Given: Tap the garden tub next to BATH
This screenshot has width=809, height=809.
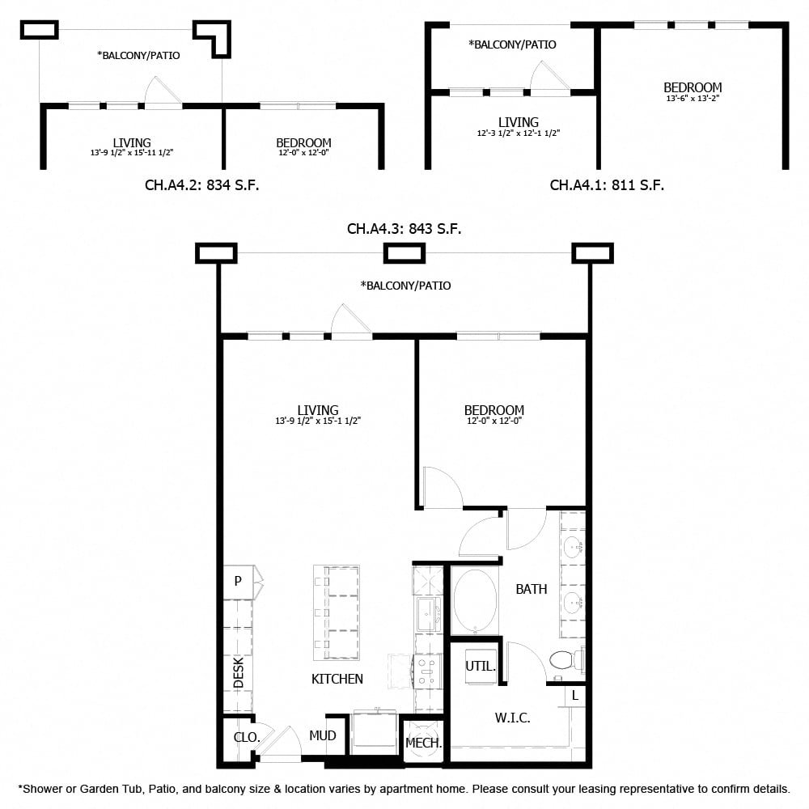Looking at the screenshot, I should click(x=475, y=601).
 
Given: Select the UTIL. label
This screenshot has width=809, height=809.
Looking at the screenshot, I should click(x=481, y=667).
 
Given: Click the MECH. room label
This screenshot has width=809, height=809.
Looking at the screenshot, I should click(x=423, y=743).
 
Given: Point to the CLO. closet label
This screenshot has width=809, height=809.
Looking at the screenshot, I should click(x=247, y=737).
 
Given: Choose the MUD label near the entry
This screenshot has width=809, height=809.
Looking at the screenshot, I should click(x=323, y=735).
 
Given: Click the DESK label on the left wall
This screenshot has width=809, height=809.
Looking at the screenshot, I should click(x=239, y=672).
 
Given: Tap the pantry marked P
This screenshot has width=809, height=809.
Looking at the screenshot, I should click(x=238, y=580).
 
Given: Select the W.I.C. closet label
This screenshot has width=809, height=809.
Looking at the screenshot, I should click(x=512, y=718).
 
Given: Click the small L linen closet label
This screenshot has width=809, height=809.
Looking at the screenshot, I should click(x=575, y=695).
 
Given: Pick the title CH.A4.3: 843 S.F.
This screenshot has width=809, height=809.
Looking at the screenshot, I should click(x=404, y=229).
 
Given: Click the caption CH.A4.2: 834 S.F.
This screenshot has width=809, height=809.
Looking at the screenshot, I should click(x=201, y=185).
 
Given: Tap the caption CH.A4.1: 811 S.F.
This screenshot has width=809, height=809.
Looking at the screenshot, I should click(x=607, y=185).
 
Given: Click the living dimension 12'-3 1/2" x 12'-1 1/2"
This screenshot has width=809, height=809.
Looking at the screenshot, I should click(x=518, y=133).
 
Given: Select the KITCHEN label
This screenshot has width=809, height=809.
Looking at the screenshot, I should click(x=337, y=679).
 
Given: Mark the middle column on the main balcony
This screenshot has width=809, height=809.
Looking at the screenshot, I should click(x=404, y=253).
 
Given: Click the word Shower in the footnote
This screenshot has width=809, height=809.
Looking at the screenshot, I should click(x=44, y=788).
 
